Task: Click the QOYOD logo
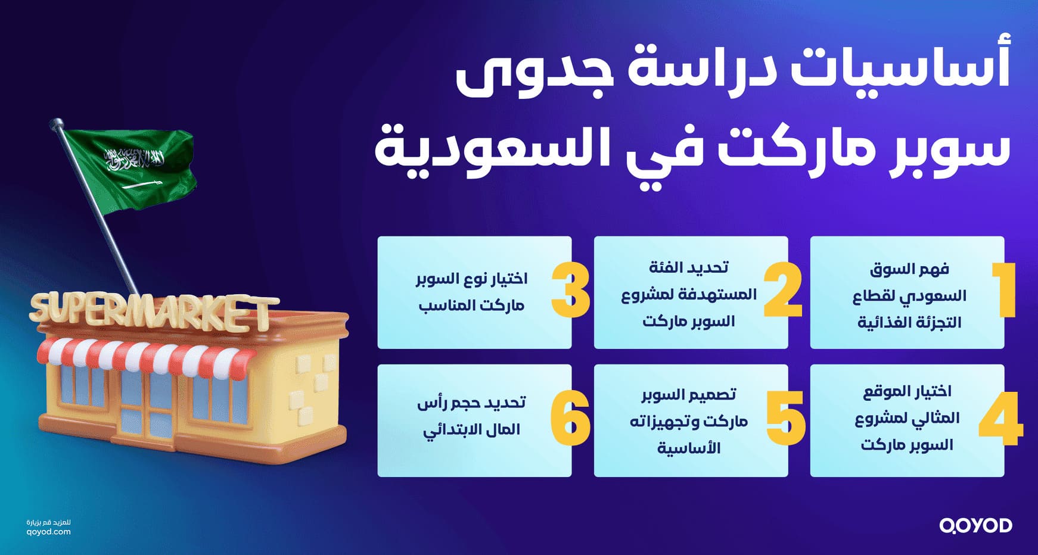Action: click(x=975, y=525)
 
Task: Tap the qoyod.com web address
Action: click(x=49, y=532)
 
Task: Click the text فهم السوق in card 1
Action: click(x=909, y=269)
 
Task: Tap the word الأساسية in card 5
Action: click(x=689, y=448)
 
